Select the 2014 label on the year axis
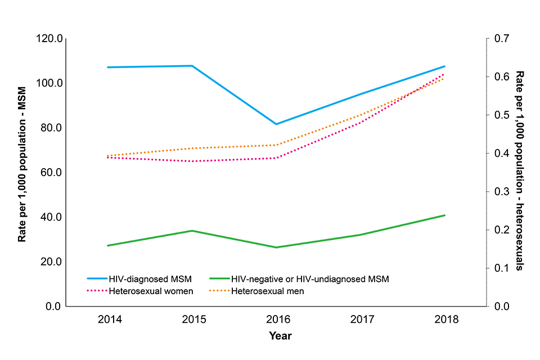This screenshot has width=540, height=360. coord(109,319)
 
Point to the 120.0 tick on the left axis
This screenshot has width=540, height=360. coord(49,39)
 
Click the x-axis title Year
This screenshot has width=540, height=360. coord(280,336)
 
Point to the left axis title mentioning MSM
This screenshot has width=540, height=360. coord(22,172)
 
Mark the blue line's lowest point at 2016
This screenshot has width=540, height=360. coord(276,124)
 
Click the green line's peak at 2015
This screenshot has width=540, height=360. coord(192,231)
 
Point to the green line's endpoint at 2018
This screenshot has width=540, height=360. coord(444,215)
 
